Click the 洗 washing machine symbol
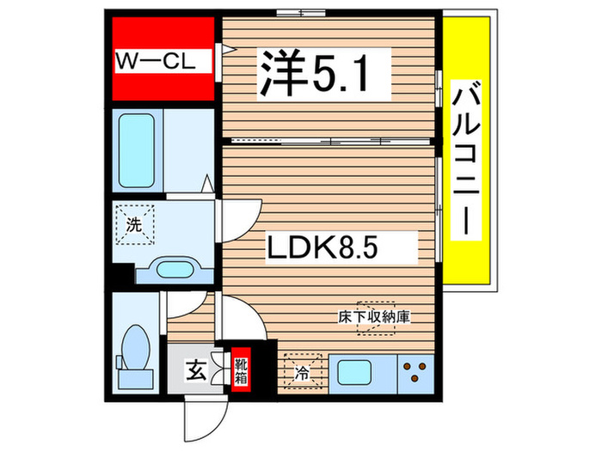tap(134, 227)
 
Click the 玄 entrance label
tap(196, 373)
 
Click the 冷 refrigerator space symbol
tap(302, 371)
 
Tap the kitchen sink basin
tap(355, 373)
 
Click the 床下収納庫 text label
tap(372, 316)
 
